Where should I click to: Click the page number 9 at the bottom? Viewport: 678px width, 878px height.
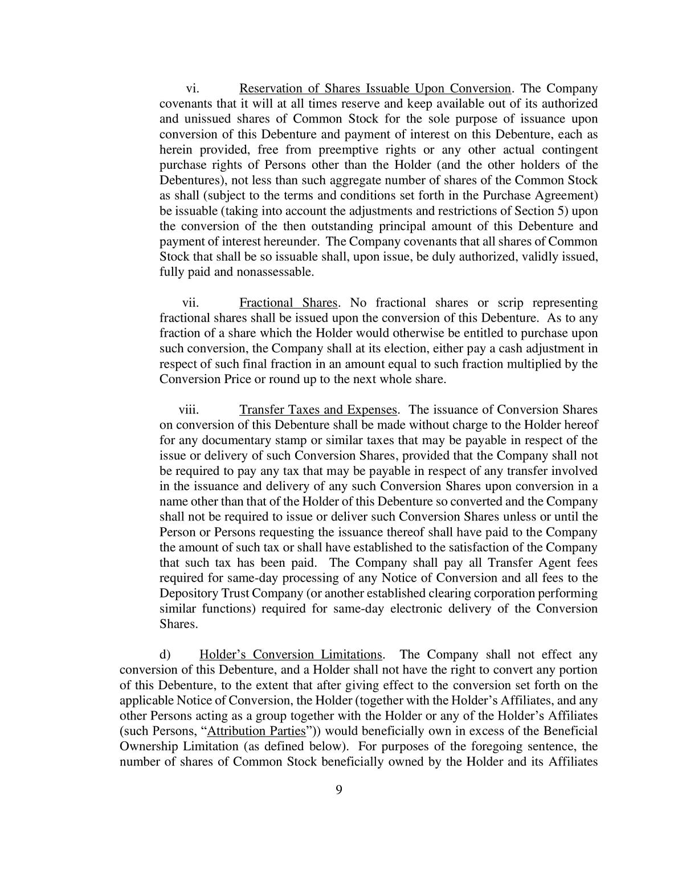[x=339, y=790]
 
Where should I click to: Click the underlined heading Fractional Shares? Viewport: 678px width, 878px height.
[x=289, y=303]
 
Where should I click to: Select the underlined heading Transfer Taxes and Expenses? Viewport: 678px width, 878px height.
[x=318, y=410]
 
